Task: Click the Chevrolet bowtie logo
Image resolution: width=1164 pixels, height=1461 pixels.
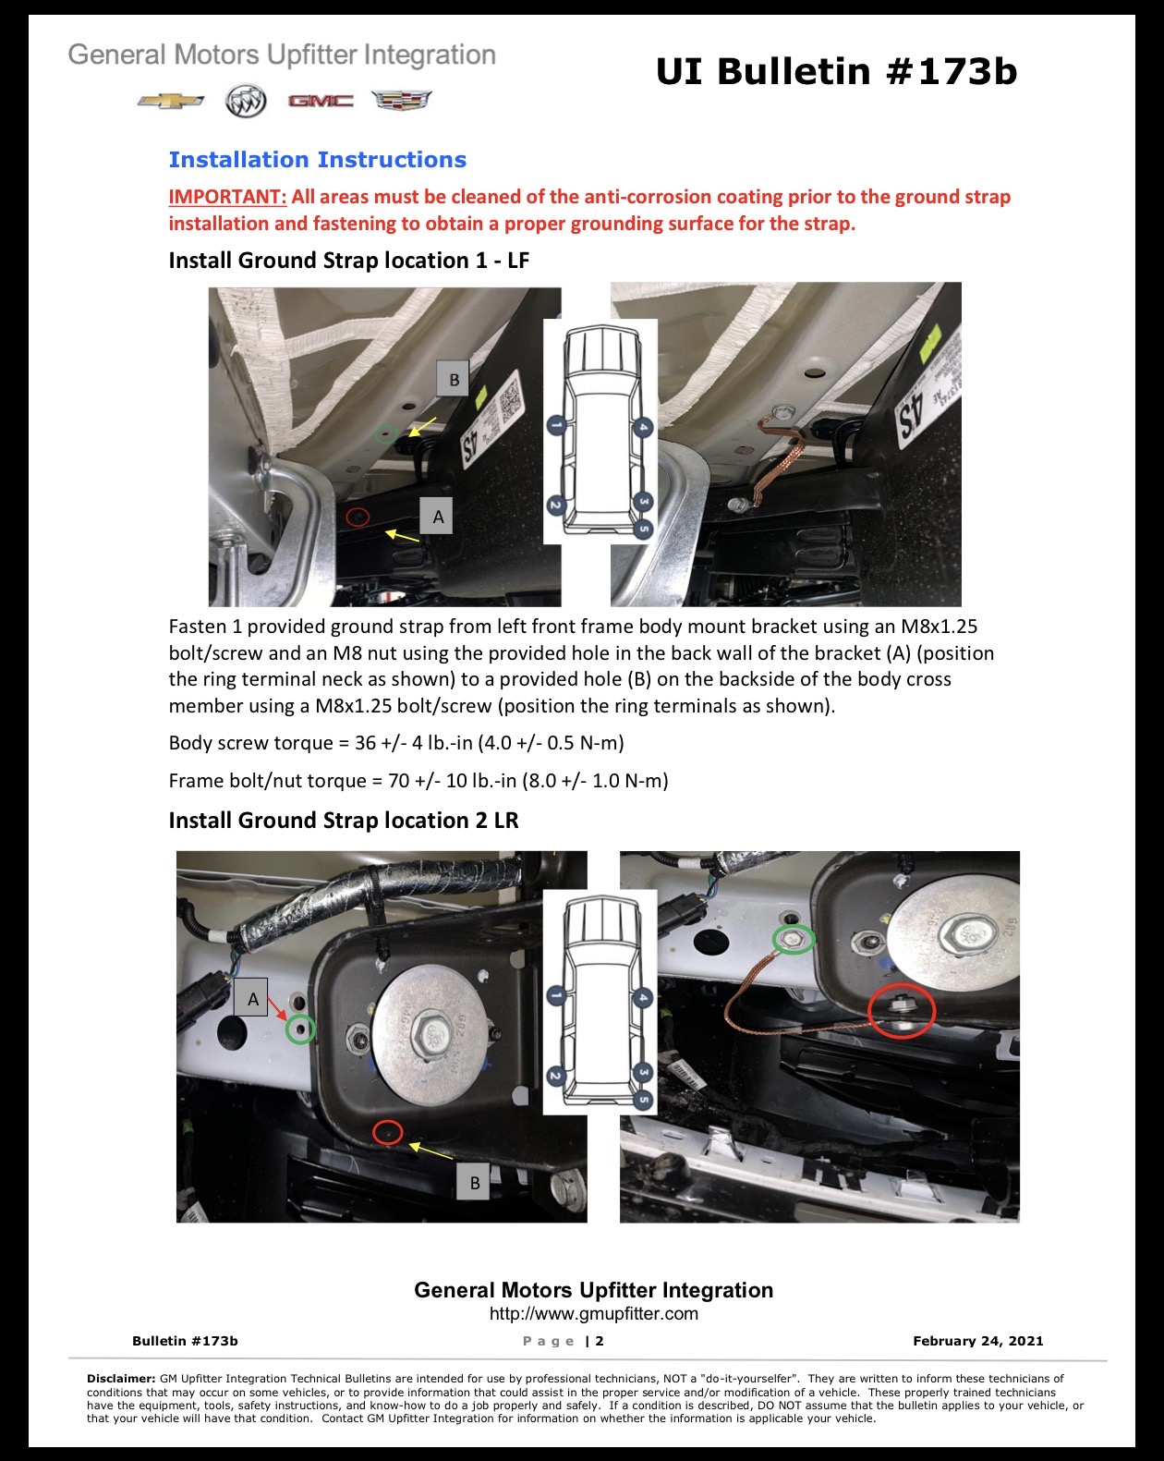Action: click(x=170, y=101)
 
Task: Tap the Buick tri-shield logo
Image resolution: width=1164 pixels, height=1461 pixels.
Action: click(x=246, y=101)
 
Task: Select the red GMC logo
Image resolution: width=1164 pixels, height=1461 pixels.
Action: click(x=321, y=101)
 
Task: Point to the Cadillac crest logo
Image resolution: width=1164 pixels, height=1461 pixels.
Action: click(x=401, y=100)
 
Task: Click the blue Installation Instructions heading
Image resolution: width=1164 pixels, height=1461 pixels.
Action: click(x=318, y=160)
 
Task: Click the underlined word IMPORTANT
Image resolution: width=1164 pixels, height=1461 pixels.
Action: click(x=227, y=197)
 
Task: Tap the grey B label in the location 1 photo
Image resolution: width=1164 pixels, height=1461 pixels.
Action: click(x=454, y=379)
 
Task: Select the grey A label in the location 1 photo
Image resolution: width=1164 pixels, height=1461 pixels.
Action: click(x=436, y=517)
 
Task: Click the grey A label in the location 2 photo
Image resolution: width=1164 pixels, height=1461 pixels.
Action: click(x=250, y=997)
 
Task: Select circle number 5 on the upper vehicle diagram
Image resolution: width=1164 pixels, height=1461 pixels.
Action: click(x=643, y=529)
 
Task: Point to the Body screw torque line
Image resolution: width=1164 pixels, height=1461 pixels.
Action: click(x=396, y=743)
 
